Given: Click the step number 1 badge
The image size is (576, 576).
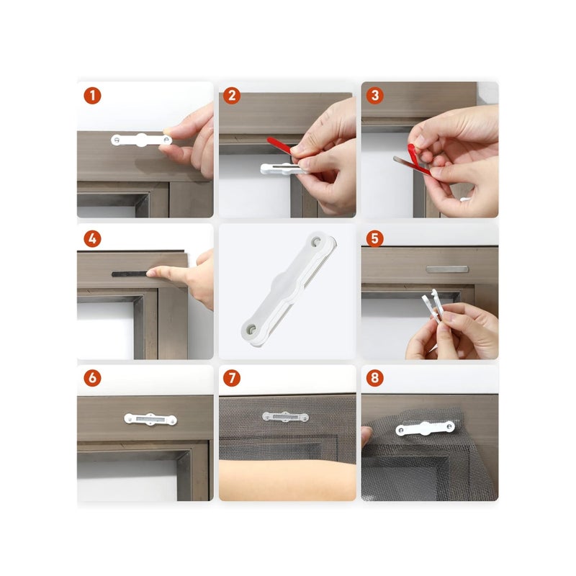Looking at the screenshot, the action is point(92,96).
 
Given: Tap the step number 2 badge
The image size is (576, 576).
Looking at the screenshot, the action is point(232,96).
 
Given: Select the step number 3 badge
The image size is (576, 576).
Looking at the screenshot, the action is point(374,96).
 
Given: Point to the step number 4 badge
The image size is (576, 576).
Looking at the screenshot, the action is point(92,239).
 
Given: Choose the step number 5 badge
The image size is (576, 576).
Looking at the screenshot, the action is point(374,239).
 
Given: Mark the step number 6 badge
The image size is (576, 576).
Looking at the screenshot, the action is point(92,378).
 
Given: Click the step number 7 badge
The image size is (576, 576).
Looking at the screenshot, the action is point(232,378).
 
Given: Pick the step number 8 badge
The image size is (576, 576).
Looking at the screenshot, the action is point(374,378).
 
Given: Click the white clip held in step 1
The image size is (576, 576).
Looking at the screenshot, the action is point(141,140).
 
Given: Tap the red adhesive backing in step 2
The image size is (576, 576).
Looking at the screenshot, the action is point(279,145).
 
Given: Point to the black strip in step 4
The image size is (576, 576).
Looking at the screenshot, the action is point(130,274).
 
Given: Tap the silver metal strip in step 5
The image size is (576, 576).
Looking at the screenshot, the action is point(447,269).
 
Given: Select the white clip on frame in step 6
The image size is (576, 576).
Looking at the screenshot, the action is point(150,419).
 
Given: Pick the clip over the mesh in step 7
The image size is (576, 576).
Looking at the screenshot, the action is point(285,417).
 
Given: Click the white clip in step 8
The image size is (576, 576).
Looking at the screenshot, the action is point(425,428).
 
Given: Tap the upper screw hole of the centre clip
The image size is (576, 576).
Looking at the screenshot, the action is point(316,241).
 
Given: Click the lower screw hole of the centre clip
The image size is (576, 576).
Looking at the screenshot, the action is point(251,327).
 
